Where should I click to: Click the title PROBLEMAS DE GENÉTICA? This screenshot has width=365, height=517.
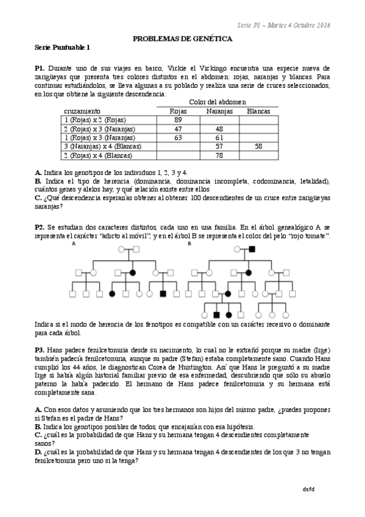pyautogui.click(x=182, y=38)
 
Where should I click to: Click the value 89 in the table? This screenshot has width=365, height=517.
pyautogui.click(x=178, y=120)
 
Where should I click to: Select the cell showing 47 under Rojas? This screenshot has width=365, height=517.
pyautogui.click(x=178, y=129)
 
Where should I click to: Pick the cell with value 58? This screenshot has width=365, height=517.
pyautogui.click(x=258, y=147)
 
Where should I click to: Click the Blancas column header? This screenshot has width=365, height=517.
pyautogui.click(x=258, y=111)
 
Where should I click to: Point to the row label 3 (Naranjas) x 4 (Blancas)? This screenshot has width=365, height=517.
pyautogui.click(x=102, y=147)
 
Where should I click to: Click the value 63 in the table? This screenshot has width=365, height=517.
pyautogui.click(x=178, y=138)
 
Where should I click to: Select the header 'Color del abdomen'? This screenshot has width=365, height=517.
pyautogui.click(x=218, y=102)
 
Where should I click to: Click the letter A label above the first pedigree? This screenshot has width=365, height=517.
pyautogui.click(x=74, y=244)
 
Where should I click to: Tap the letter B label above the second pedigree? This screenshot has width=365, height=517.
pyautogui.click(x=190, y=244)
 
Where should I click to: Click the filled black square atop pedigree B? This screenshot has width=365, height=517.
pyautogui.click(x=252, y=249)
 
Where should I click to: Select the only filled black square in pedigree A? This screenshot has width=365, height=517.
pyautogui.click(x=163, y=294)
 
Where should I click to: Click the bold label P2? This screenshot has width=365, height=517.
pyautogui.click(x=40, y=227)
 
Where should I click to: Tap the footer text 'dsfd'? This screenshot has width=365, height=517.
pyautogui.click(x=308, y=490)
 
